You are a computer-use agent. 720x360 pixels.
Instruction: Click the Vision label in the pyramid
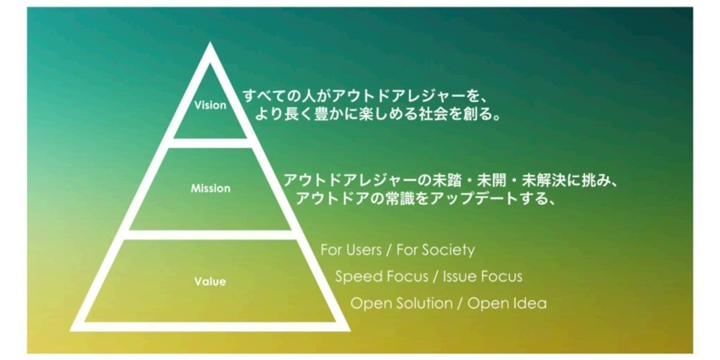pyautogui.click(x=210, y=105)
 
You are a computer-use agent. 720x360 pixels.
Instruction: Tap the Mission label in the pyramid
pyautogui.click(x=210, y=188)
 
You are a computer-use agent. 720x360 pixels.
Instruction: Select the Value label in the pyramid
pyautogui.click(x=210, y=281)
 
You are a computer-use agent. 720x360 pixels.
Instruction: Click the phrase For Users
pyautogui.click(x=350, y=249)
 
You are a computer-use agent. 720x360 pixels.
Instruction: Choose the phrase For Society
pyautogui.click(x=435, y=249)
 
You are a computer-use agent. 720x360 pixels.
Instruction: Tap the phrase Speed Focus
pyautogui.click(x=381, y=276)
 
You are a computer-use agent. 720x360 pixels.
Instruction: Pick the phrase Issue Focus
pyautogui.click(x=482, y=276)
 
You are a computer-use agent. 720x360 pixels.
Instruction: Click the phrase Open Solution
pyautogui.click(x=400, y=303)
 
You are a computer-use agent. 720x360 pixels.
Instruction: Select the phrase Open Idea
pyautogui.click(x=507, y=303)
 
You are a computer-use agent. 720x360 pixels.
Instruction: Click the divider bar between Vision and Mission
pyautogui.click(x=210, y=143)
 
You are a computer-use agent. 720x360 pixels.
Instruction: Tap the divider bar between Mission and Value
pyautogui.click(x=210, y=234)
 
